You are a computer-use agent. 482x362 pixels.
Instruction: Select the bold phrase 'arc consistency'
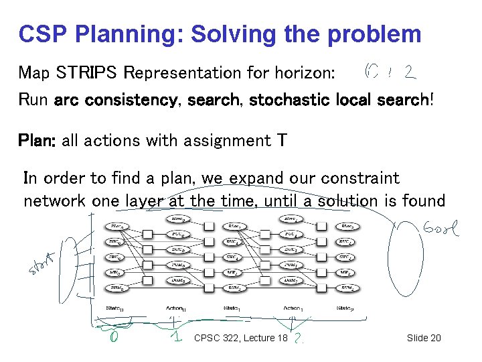(116, 101)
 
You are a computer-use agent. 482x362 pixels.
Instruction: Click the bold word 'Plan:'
(38, 141)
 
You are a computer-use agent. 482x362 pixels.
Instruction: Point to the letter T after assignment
(282, 141)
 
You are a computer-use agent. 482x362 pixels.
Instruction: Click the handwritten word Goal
(440, 231)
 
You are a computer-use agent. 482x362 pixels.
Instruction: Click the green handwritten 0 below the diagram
(116, 337)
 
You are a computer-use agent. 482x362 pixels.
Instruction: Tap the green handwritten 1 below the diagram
(175, 337)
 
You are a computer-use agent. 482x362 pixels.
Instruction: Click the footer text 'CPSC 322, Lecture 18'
(240, 338)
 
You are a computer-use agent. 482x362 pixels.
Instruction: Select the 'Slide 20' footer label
(424, 338)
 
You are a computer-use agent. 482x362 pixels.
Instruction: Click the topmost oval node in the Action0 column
(177, 219)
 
